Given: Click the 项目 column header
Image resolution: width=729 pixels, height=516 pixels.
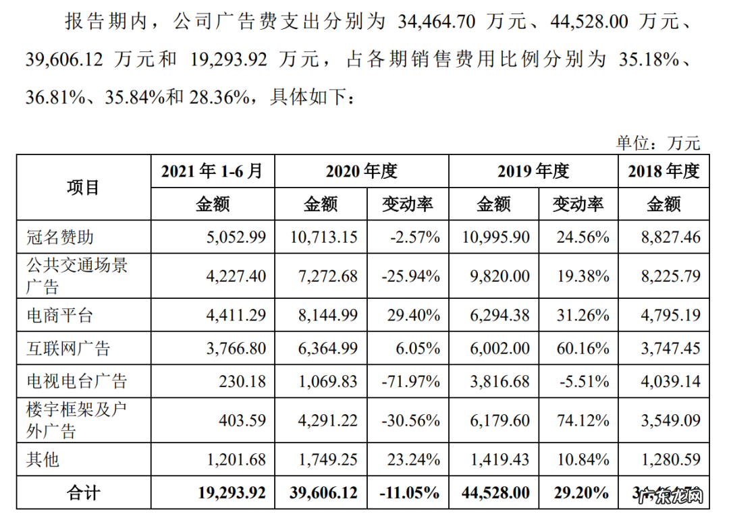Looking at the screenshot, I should tap(83, 188).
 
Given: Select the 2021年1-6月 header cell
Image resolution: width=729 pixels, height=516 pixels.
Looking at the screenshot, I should tap(212, 171).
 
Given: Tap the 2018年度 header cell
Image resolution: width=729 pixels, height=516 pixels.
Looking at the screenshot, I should tap(664, 171).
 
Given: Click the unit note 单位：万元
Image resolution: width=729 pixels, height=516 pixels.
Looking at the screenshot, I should tap(658, 142).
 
